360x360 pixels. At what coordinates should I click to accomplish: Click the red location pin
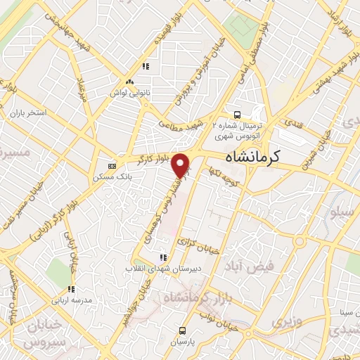(182, 165)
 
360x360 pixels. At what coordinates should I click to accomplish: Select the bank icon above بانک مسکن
(111, 167)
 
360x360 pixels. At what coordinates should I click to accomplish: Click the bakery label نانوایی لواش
(130, 91)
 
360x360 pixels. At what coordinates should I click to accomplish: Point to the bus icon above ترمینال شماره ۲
(238, 115)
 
